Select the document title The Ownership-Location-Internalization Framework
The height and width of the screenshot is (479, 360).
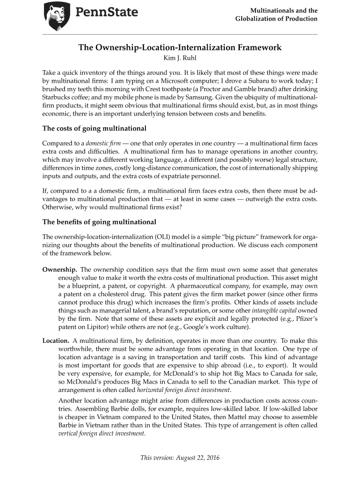180,48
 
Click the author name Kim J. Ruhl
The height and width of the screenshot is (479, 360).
180,58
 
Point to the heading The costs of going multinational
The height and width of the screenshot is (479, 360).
94,128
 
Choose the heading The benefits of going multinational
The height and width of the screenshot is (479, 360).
99,221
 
